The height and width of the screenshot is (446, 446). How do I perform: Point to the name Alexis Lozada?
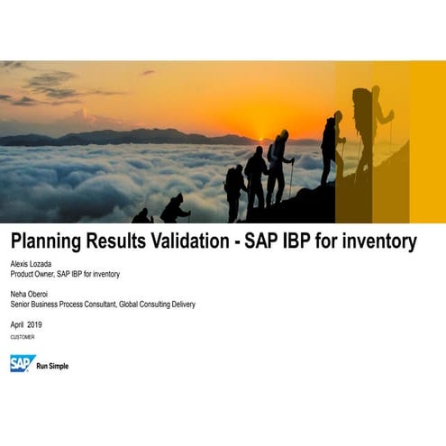32,262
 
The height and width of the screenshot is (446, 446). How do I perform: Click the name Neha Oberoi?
30,293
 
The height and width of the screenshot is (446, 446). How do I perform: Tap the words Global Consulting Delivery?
159,305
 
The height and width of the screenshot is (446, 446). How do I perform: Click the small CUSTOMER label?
23,337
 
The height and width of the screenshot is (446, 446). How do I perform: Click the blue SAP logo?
22,362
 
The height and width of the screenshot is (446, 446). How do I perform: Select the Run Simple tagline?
52,366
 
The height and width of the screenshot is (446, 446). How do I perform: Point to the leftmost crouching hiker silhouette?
141,216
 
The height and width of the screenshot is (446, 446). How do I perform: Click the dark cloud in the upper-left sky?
50,86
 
